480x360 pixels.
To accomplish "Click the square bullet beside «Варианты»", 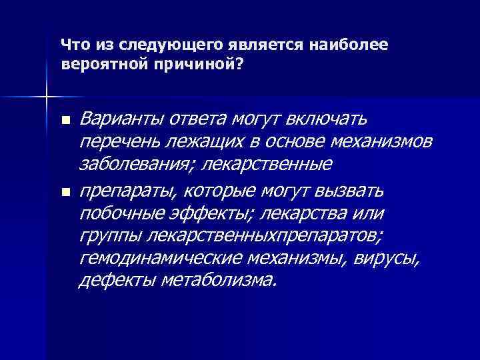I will (65, 121).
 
